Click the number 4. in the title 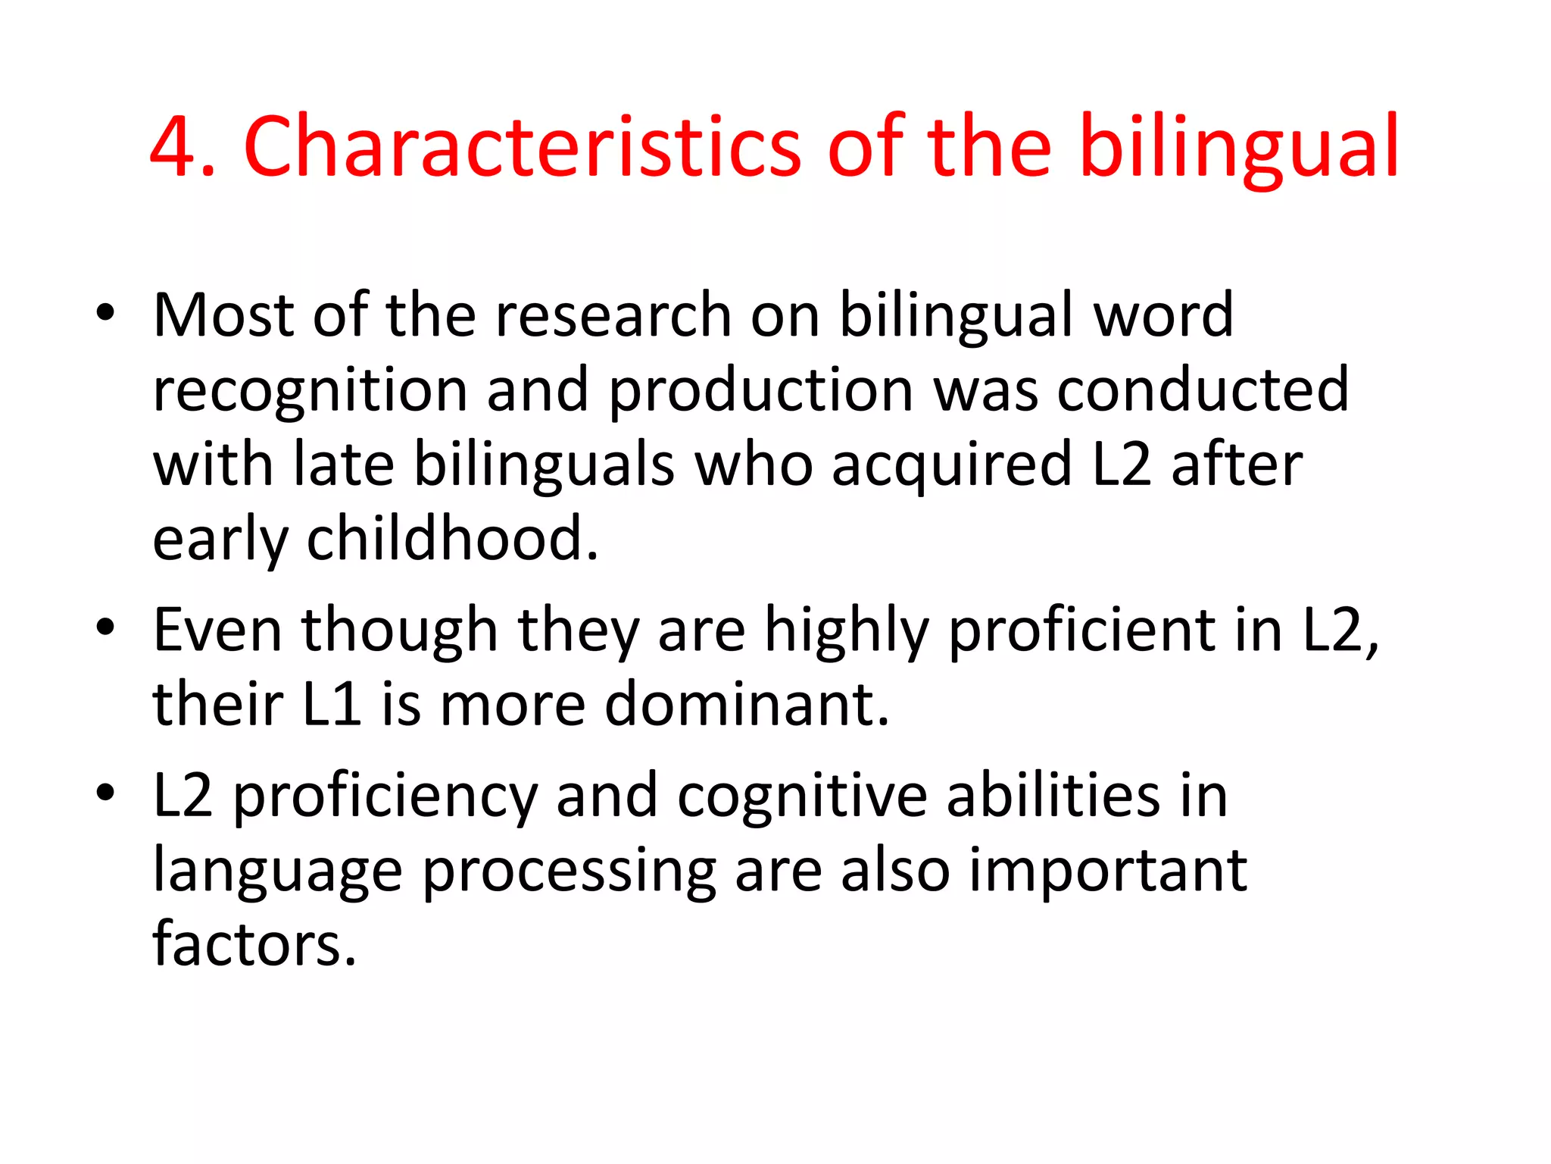pos(183,148)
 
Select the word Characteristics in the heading pos(522,148)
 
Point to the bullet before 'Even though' pos(105,628)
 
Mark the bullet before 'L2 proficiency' pos(105,793)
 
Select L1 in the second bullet pos(332,704)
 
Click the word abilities pos(1053,795)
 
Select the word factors pos(254,944)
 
